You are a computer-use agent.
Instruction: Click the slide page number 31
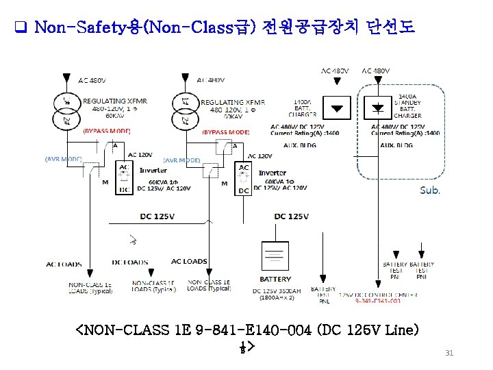(x=449, y=353)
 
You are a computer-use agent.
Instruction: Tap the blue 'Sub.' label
(x=429, y=190)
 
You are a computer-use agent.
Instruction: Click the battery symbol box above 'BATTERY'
(x=275, y=258)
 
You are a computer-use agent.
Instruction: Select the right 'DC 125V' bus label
(x=291, y=217)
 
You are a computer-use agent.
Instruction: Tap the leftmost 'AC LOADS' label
(x=64, y=264)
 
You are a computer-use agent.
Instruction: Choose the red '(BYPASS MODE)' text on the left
(x=106, y=131)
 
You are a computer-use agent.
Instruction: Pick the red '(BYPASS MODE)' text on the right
(x=225, y=132)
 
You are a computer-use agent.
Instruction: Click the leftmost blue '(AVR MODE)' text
(x=64, y=158)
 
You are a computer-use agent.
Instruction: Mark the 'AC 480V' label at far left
(x=92, y=81)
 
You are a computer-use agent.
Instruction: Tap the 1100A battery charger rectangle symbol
(x=337, y=108)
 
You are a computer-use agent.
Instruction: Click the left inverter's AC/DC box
(x=123, y=179)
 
